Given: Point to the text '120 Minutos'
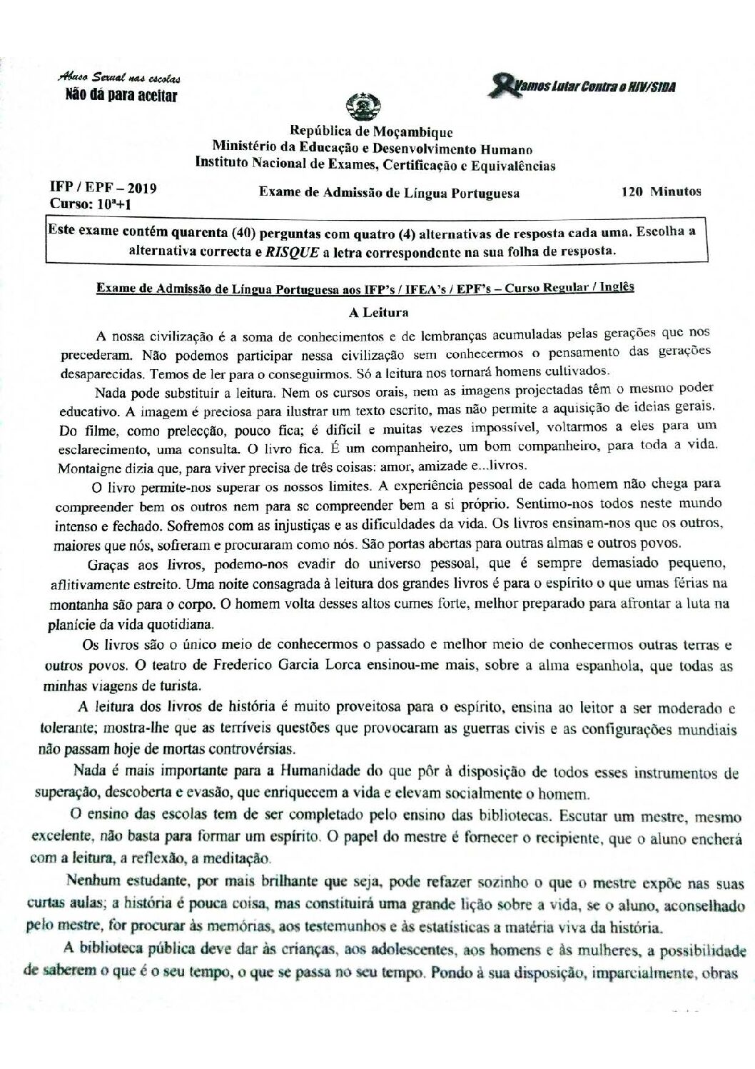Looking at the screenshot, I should tap(662, 191).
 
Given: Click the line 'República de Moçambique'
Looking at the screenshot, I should tap(370, 132).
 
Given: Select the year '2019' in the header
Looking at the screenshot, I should tap(139, 189).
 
